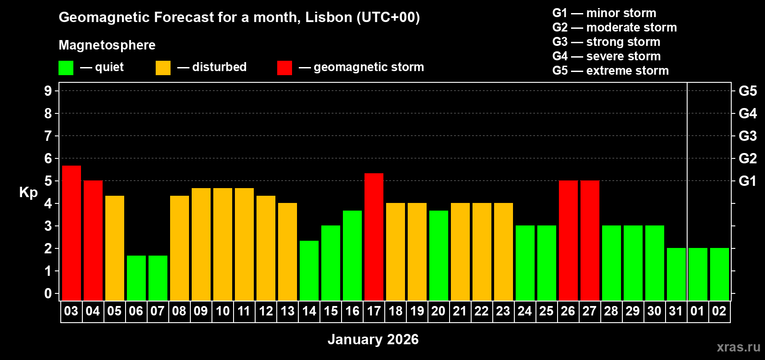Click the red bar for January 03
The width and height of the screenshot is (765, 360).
pyautogui.click(x=71, y=233)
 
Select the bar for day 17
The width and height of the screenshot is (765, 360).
pyautogui.click(x=373, y=237)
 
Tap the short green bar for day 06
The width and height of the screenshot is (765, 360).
pyautogui.click(x=136, y=278)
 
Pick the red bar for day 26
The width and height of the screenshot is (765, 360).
pyautogui.click(x=568, y=240)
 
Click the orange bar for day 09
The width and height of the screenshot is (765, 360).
pyautogui.click(x=201, y=244)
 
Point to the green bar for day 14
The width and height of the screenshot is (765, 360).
pyautogui.click(x=309, y=270)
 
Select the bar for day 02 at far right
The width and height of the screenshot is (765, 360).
pyautogui.click(x=719, y=274)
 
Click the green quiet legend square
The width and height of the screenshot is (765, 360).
pyautogui.click(x=66, y=68)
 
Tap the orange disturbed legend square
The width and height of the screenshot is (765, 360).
pyautogui.click(x=163, y=68)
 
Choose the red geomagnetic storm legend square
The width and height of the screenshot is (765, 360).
pyautogui.click(x=284, y=68)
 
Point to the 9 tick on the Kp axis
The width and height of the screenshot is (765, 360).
pyautogui.click(x=48, y=91)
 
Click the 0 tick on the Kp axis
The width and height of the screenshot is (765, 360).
pyautogui.click(x=48, y=293)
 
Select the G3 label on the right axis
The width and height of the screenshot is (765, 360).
pyautogui.click(x=747, y=136)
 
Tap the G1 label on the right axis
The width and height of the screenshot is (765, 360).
pyautogui.click(x=747, y=181)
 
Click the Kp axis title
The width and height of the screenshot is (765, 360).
pyautogui.click(x=28, y=192)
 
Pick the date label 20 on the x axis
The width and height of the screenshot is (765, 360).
pyautogui.click(x=438, y=311)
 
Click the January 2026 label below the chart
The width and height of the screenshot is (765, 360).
pyautogui.click(x=373, y=339)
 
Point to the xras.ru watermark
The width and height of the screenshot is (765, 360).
pyautogui.click(x=738, y=346)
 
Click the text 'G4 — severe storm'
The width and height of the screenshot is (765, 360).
pyautogui.click(x=606, y=56)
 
